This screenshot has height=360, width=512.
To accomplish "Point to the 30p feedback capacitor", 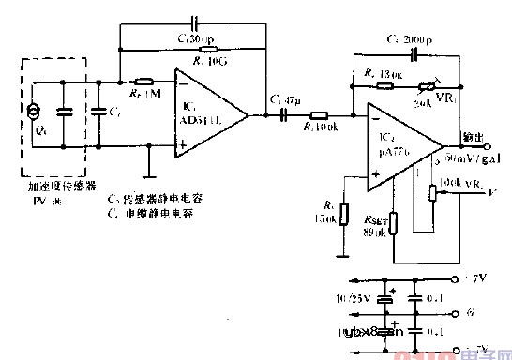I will pos(194,21).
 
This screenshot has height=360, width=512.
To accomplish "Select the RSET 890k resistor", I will pos(394,222).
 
